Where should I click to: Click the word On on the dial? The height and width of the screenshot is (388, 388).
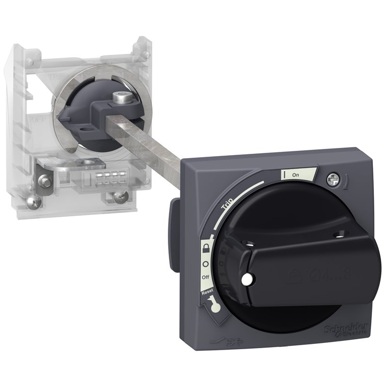(x=295, y=175)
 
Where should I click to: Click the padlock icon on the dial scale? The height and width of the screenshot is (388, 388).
(x=208, y=249)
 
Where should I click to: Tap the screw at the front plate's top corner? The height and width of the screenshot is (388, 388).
(x=333, y=178)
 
